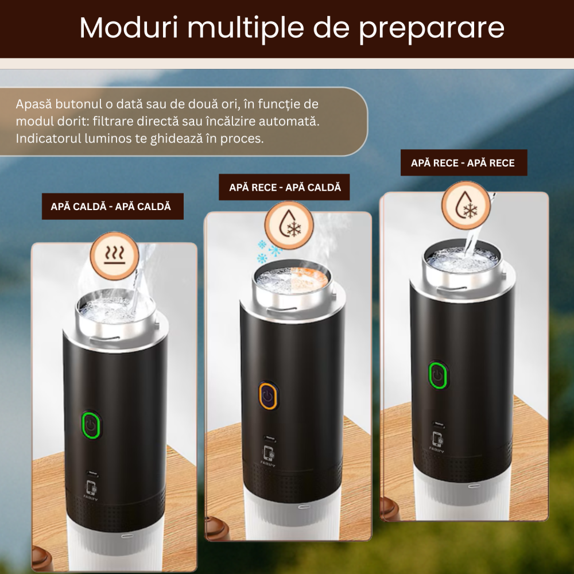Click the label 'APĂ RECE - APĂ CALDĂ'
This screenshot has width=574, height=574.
tap(285, 187)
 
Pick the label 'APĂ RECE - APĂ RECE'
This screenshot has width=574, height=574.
tap(463, 163)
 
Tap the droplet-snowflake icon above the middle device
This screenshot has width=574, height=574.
tap(289, 224)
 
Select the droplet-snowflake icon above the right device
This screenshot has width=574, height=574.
tap(466, 205)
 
